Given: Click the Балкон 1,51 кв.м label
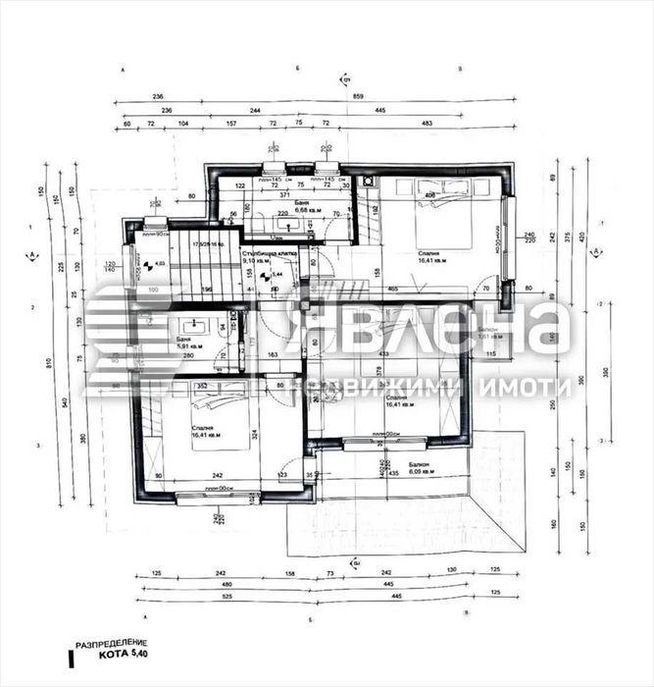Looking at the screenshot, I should click(x=490, y=334).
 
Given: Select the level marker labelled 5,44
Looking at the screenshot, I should click(x=275, y=276).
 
